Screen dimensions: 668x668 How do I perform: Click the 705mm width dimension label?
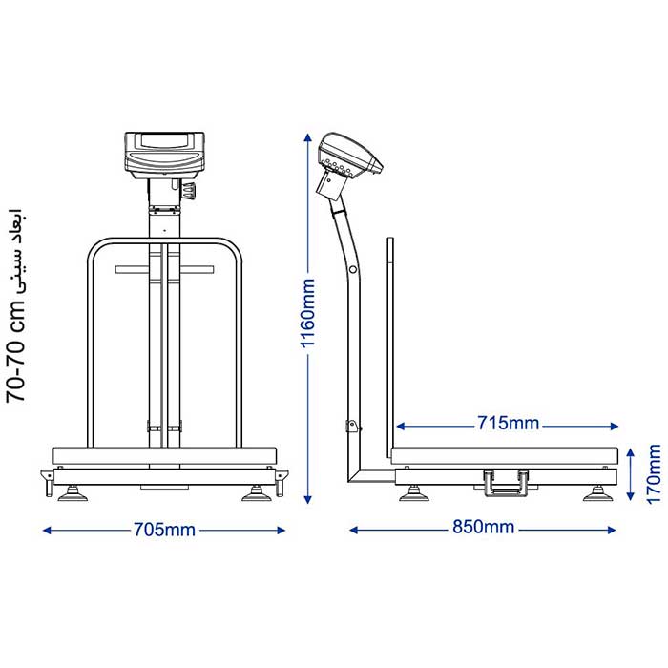(x=164, y=530)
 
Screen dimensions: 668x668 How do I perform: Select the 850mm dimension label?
(x=483, y=527)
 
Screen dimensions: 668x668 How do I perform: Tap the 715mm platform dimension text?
(x=508, y=423)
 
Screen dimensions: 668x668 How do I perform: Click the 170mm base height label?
(x=654, y=474)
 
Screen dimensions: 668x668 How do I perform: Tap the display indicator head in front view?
(x=164, y=155)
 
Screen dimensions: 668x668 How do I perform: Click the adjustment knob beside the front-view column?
(x=189, y=190)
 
